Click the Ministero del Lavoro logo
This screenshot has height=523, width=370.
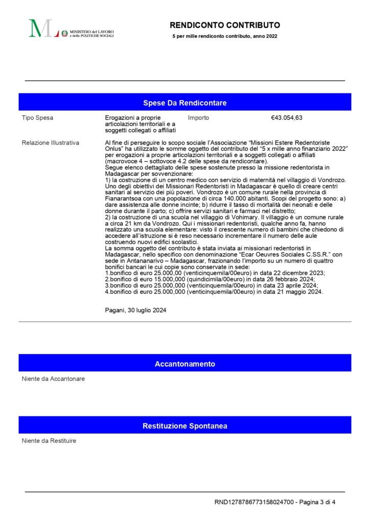click(71, 29)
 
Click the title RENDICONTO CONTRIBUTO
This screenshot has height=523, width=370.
click(225, 25)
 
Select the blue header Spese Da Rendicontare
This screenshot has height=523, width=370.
click(184, 103)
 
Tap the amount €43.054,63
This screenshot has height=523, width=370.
click(287, 118)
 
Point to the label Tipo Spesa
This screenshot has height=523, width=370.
click(37, 118)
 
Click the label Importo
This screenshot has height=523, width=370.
click(198, 118)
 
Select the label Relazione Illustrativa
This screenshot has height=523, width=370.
click(51, 142)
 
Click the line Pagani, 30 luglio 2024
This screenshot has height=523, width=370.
click(135, 310)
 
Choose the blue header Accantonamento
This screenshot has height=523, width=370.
click(184, 364)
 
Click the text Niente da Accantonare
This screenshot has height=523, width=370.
click(53, 378)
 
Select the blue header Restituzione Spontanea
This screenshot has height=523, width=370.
click(184, 425)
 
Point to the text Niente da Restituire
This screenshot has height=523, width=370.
click(49, 440)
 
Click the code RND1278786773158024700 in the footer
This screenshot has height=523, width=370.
click(254, 502)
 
